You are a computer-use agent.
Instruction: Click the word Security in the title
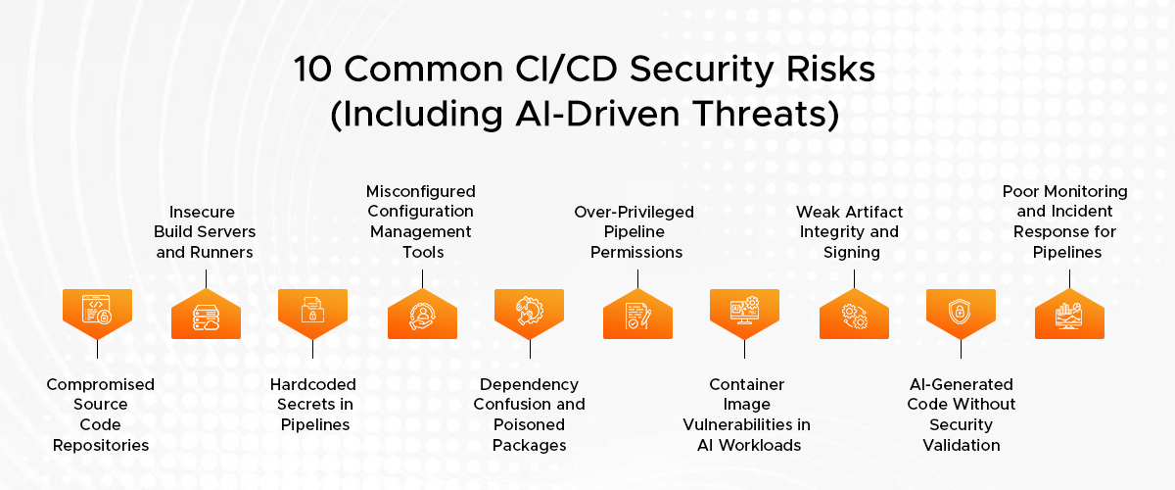pyautogui.click(x=701, y=70)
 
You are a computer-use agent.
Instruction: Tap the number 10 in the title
pyautogui.click(x=312, y=69)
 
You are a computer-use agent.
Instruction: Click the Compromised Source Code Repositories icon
pyautogui.click(x=97, y=310)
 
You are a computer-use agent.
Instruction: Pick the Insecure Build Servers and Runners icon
pyautogui.click(x=207, y=318)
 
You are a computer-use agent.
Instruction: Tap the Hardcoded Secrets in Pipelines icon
pyautogui.click(x=312, y=310)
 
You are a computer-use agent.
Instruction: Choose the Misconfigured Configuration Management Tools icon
pyautogui.click(x=422, y=317)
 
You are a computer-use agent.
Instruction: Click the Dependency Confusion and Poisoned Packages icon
pyautogui.click(x=530, y=311)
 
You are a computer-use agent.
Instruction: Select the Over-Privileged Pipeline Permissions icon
pyautogui.click(x=637, y=316)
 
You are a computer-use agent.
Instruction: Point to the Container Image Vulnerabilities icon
pyautogui.click(x=744, y=310)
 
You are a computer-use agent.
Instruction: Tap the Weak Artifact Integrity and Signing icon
pyautogui.click(x=854, y=317)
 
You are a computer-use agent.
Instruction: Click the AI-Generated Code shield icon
pyautogui.click(x=960, y=312)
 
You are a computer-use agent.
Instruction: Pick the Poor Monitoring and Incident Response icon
pyautogui.click(x=1069, y=316)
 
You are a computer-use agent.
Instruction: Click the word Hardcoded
pyautogui.click(x=313, y=384)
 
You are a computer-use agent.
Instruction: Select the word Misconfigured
pyautogui.click(x=421, y=191)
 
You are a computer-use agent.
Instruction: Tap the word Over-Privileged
pyautogui.click(x=634, y=212)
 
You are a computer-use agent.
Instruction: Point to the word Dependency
pyautogui.click(x=530, y=385)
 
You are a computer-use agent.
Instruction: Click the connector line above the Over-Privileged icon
pyautogui.click(x=637, y=279)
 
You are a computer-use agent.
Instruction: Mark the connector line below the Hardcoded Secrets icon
pyautogui.click(x=312, y=349)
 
